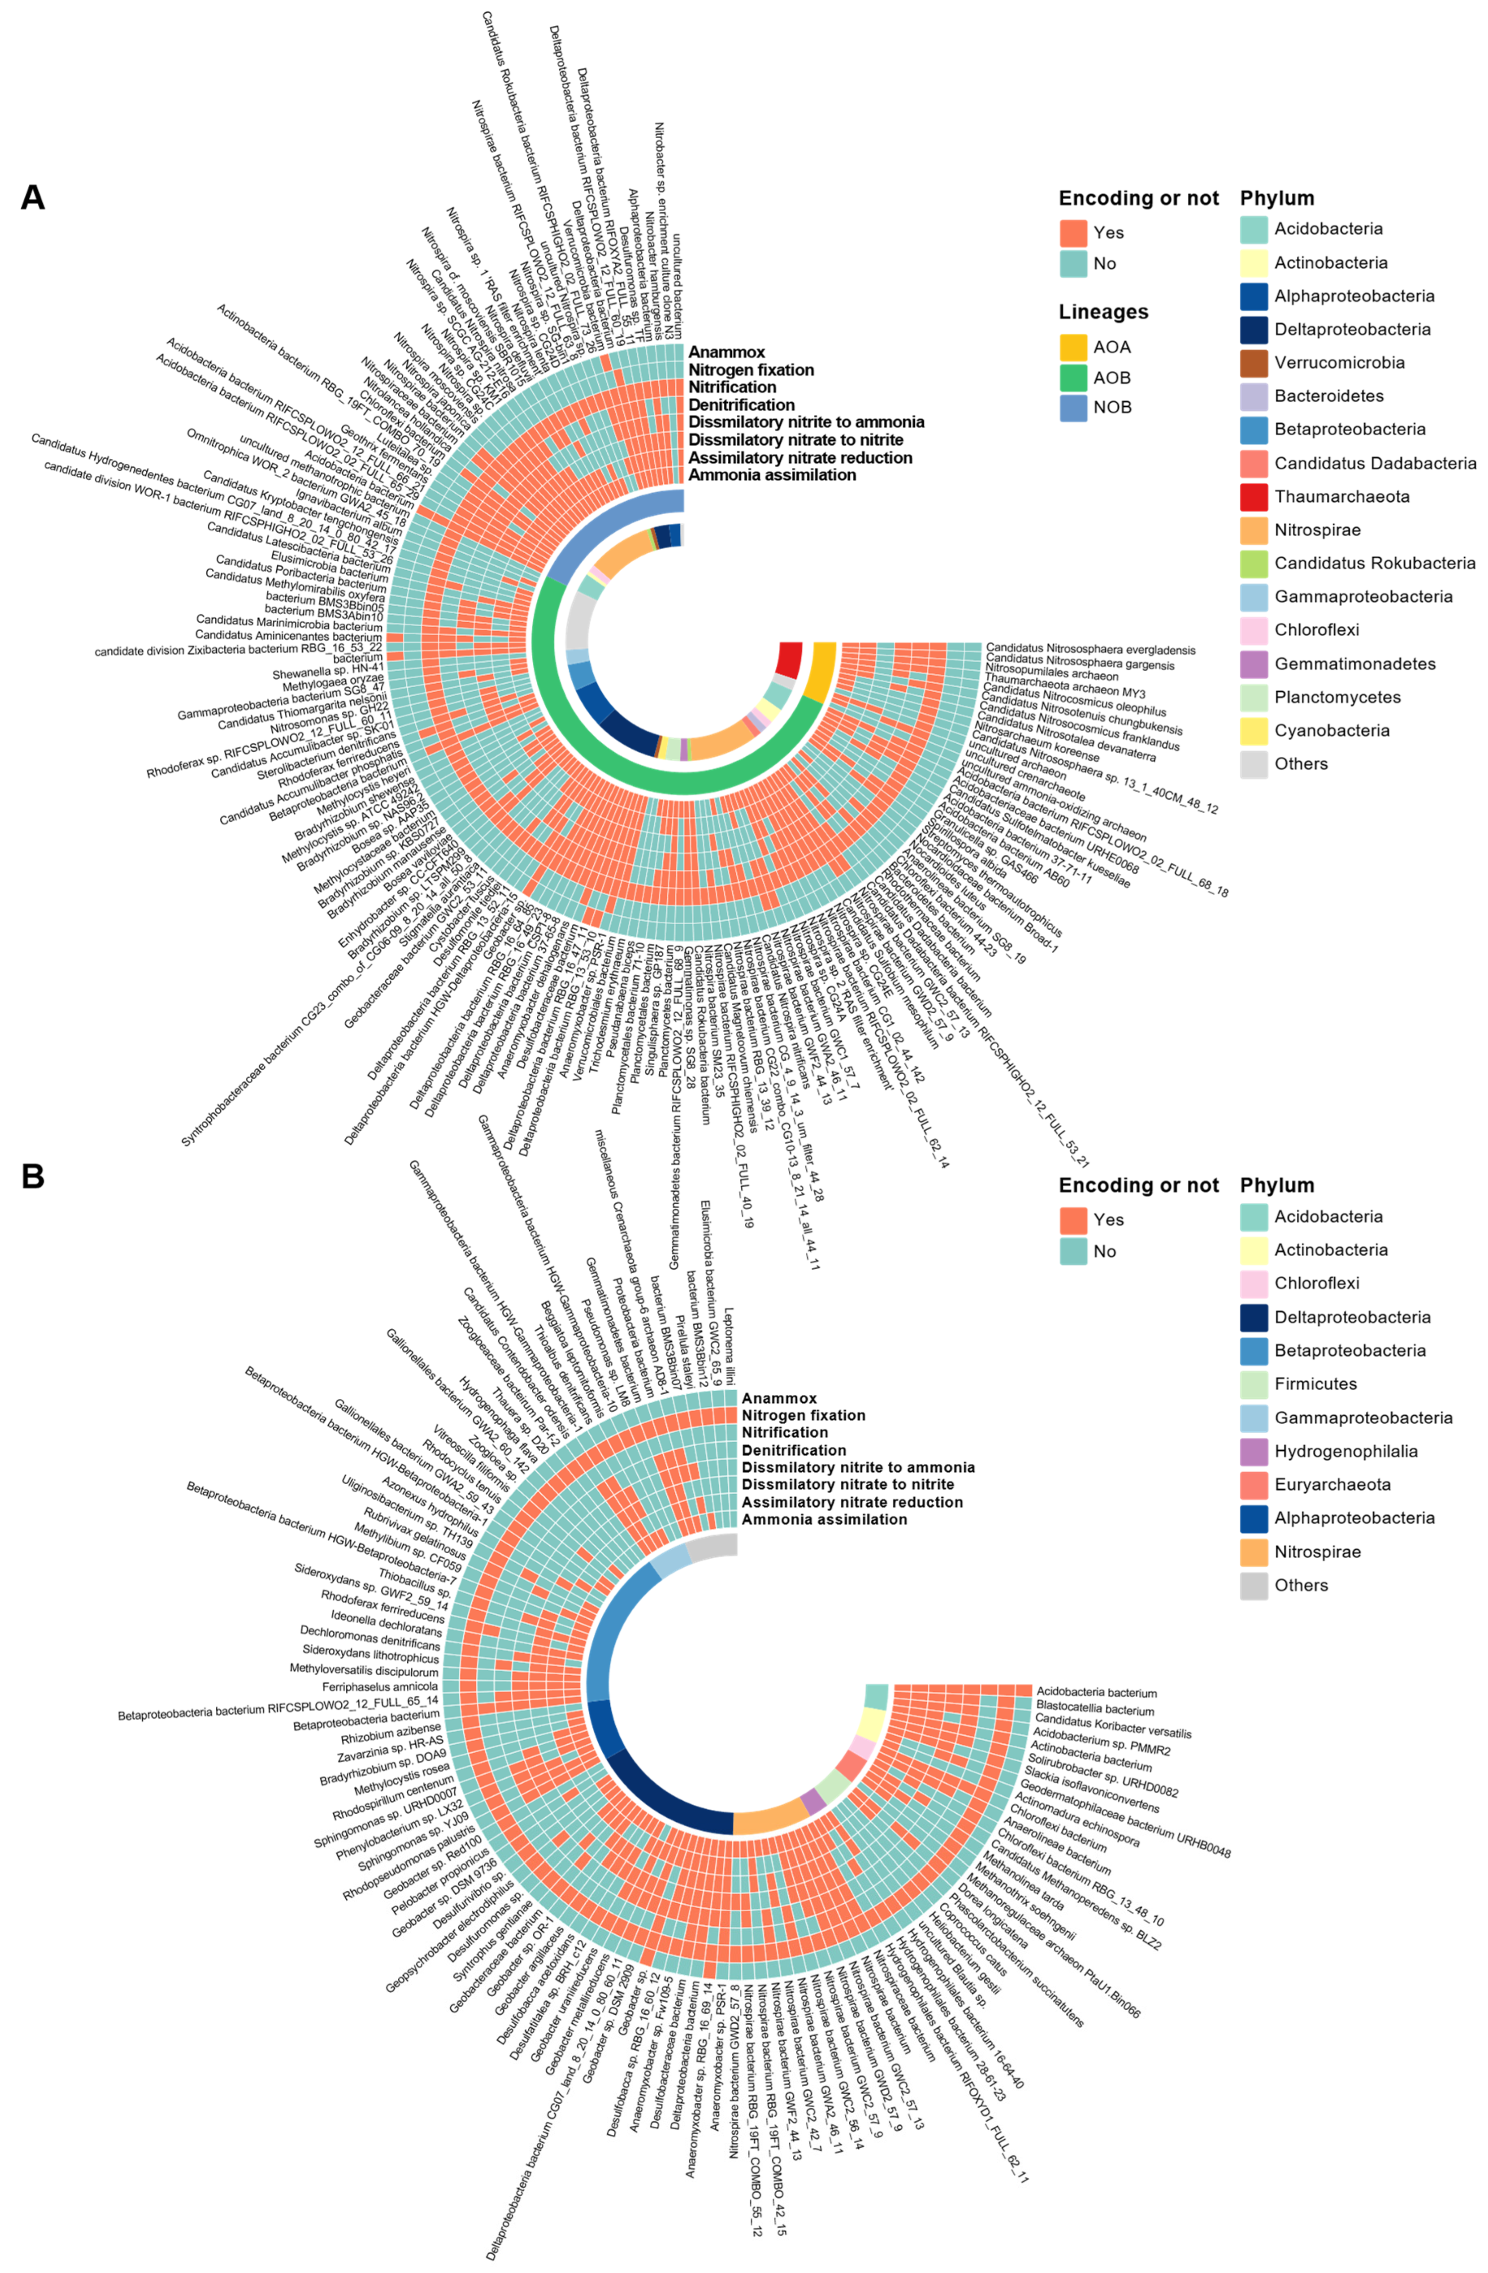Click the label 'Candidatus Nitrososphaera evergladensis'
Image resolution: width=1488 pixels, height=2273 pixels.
coord(1090,649)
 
